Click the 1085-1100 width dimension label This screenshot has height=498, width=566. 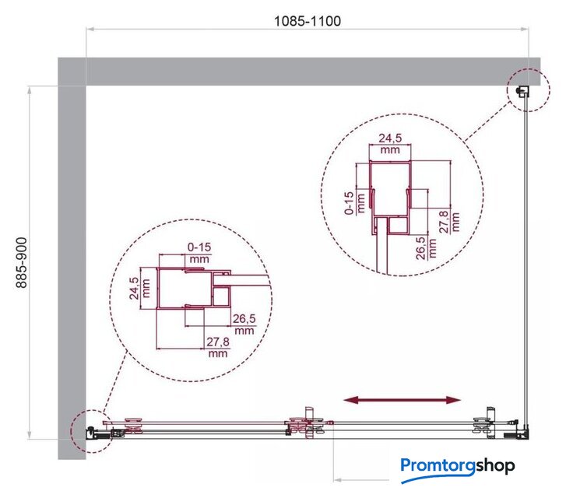[308, 21]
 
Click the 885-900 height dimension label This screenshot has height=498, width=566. [22, 262]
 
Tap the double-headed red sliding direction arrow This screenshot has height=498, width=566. [402, 400]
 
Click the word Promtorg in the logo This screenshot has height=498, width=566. [438, 465]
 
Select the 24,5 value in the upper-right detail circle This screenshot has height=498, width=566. [390, 138]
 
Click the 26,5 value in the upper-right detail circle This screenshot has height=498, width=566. [421, 248]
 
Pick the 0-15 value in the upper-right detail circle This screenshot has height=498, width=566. [350, 203]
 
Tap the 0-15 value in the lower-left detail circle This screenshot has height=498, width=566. [199, 247]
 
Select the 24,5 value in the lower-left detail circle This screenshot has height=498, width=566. [134, 288]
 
